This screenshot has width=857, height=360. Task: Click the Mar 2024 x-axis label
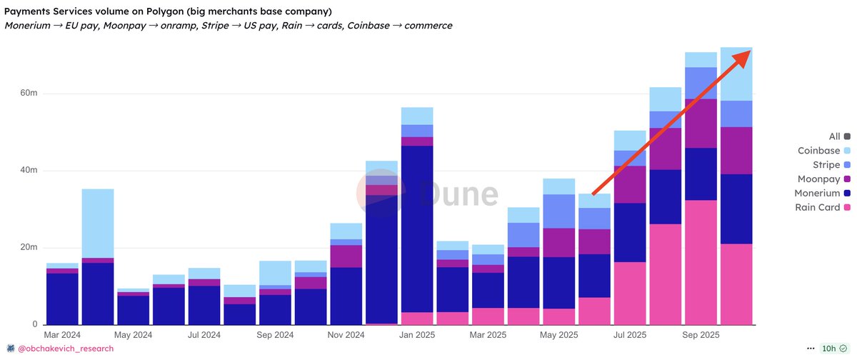tap(63, 334)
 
